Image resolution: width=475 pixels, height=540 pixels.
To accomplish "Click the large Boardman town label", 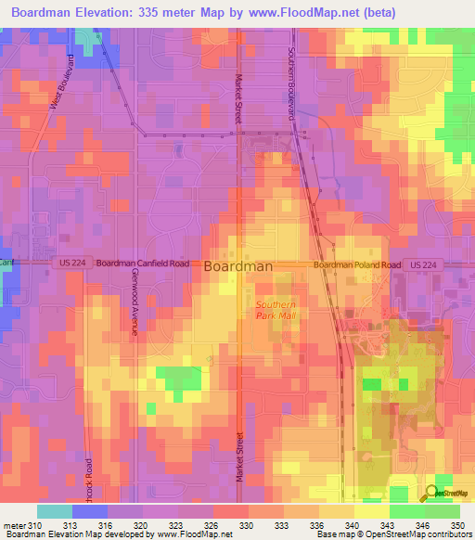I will pos(237,265).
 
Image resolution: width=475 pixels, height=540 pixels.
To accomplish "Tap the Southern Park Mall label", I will pos(275,310).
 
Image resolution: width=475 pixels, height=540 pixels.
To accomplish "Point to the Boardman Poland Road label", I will pos(356,264).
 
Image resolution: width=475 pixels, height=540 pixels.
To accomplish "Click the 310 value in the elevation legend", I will pos(37,526).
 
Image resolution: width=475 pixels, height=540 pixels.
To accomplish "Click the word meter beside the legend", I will pos(14,526).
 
